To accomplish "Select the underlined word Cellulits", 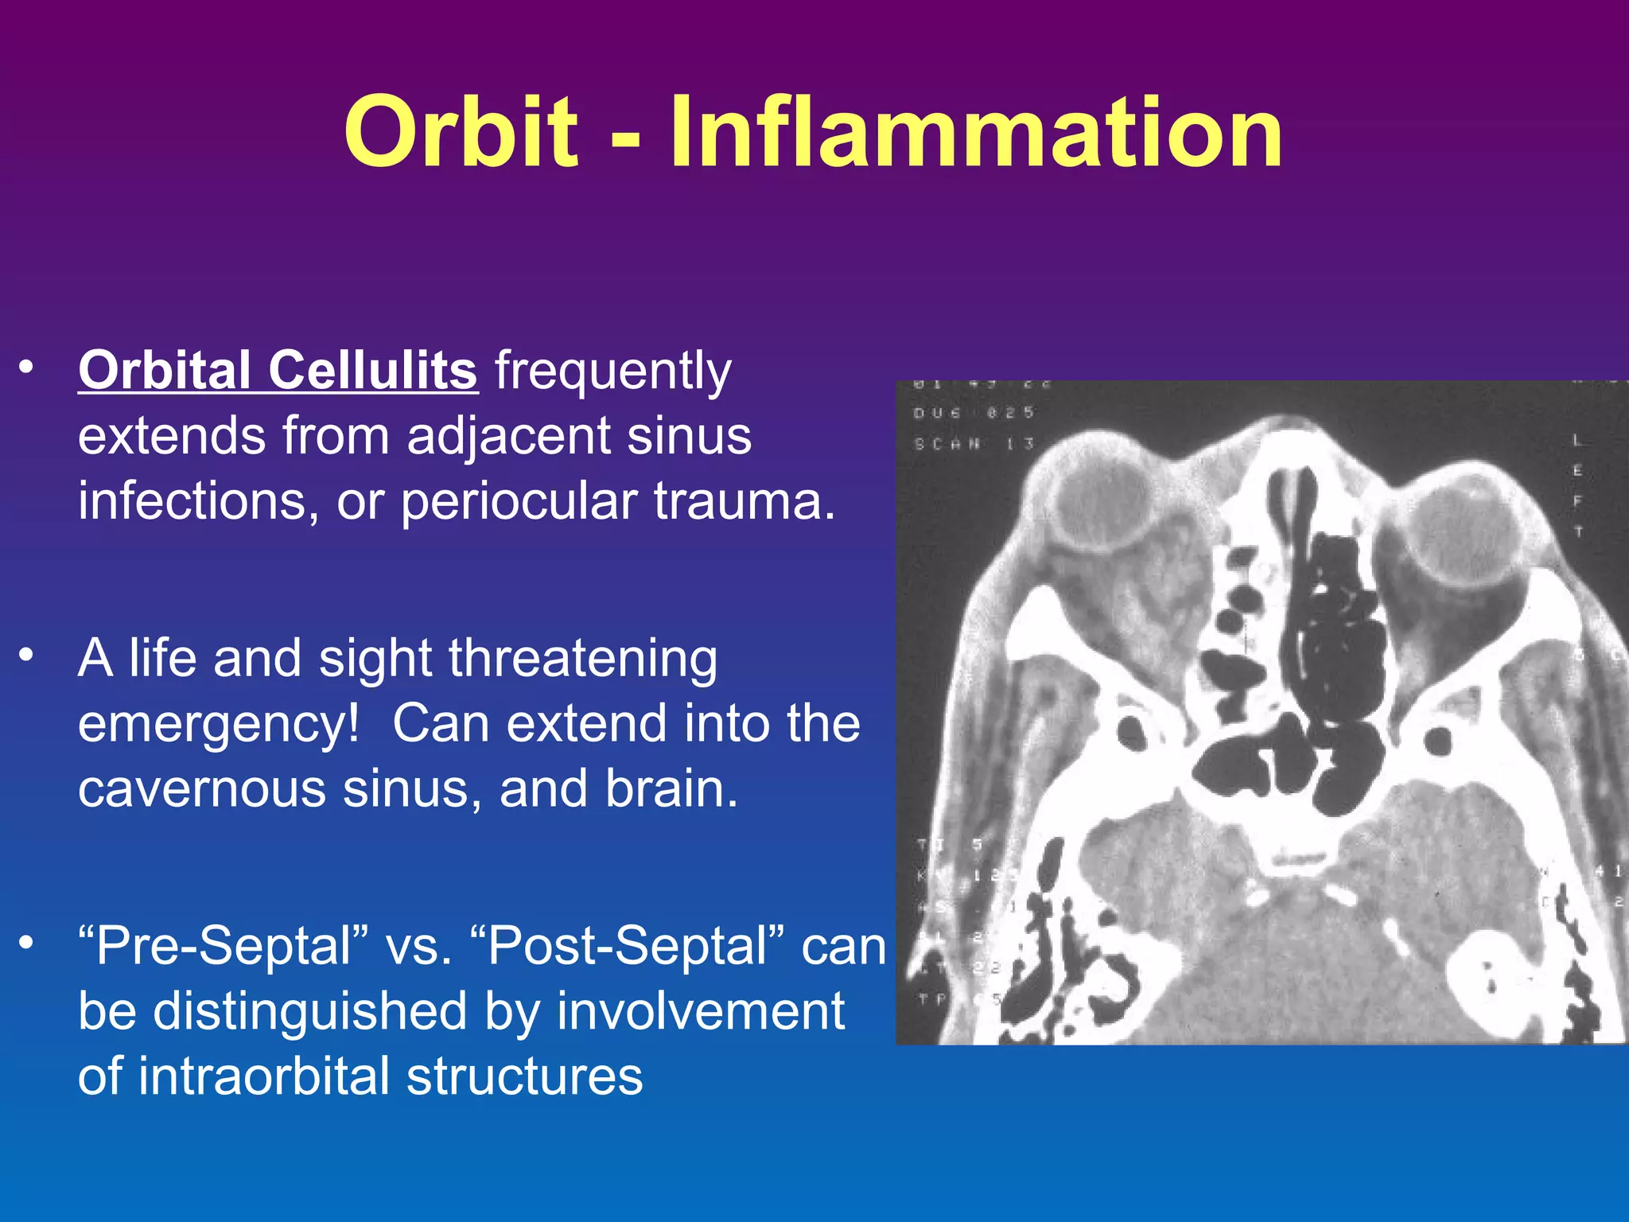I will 372,371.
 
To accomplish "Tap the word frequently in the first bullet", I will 612,372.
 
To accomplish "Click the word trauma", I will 744,502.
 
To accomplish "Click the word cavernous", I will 202,789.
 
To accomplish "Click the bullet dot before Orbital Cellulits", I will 27,368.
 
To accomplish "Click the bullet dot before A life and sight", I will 27,655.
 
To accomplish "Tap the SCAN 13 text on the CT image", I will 974,444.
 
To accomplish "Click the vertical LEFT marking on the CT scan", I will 1577,485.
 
